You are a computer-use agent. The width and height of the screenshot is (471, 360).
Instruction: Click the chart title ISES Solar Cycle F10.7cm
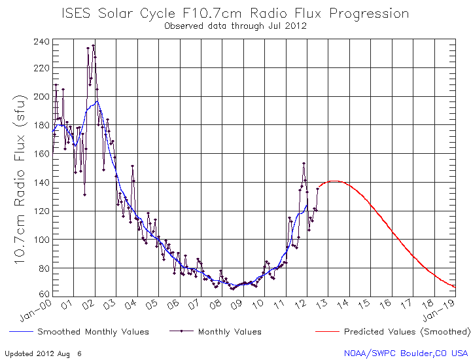[x=235, y=14]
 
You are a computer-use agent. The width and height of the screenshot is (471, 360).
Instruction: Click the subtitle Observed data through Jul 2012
[x=235, y=26]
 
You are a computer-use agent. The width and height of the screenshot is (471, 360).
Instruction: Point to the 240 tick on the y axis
[x=41, y=42]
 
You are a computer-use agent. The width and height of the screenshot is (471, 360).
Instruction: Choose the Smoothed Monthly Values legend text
[x=93, y=332]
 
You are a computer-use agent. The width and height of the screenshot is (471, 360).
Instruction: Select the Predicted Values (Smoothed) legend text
[x=407, y=332]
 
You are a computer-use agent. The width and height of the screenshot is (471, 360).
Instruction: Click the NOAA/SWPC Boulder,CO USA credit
[x=406, y=353]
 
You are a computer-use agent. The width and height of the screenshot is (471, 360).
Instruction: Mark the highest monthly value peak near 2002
[x=94, y=46]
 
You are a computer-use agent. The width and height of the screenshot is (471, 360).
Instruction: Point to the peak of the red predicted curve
[x=334, y=181]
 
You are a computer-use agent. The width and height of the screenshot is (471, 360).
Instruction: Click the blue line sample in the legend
[x=19, y=332]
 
